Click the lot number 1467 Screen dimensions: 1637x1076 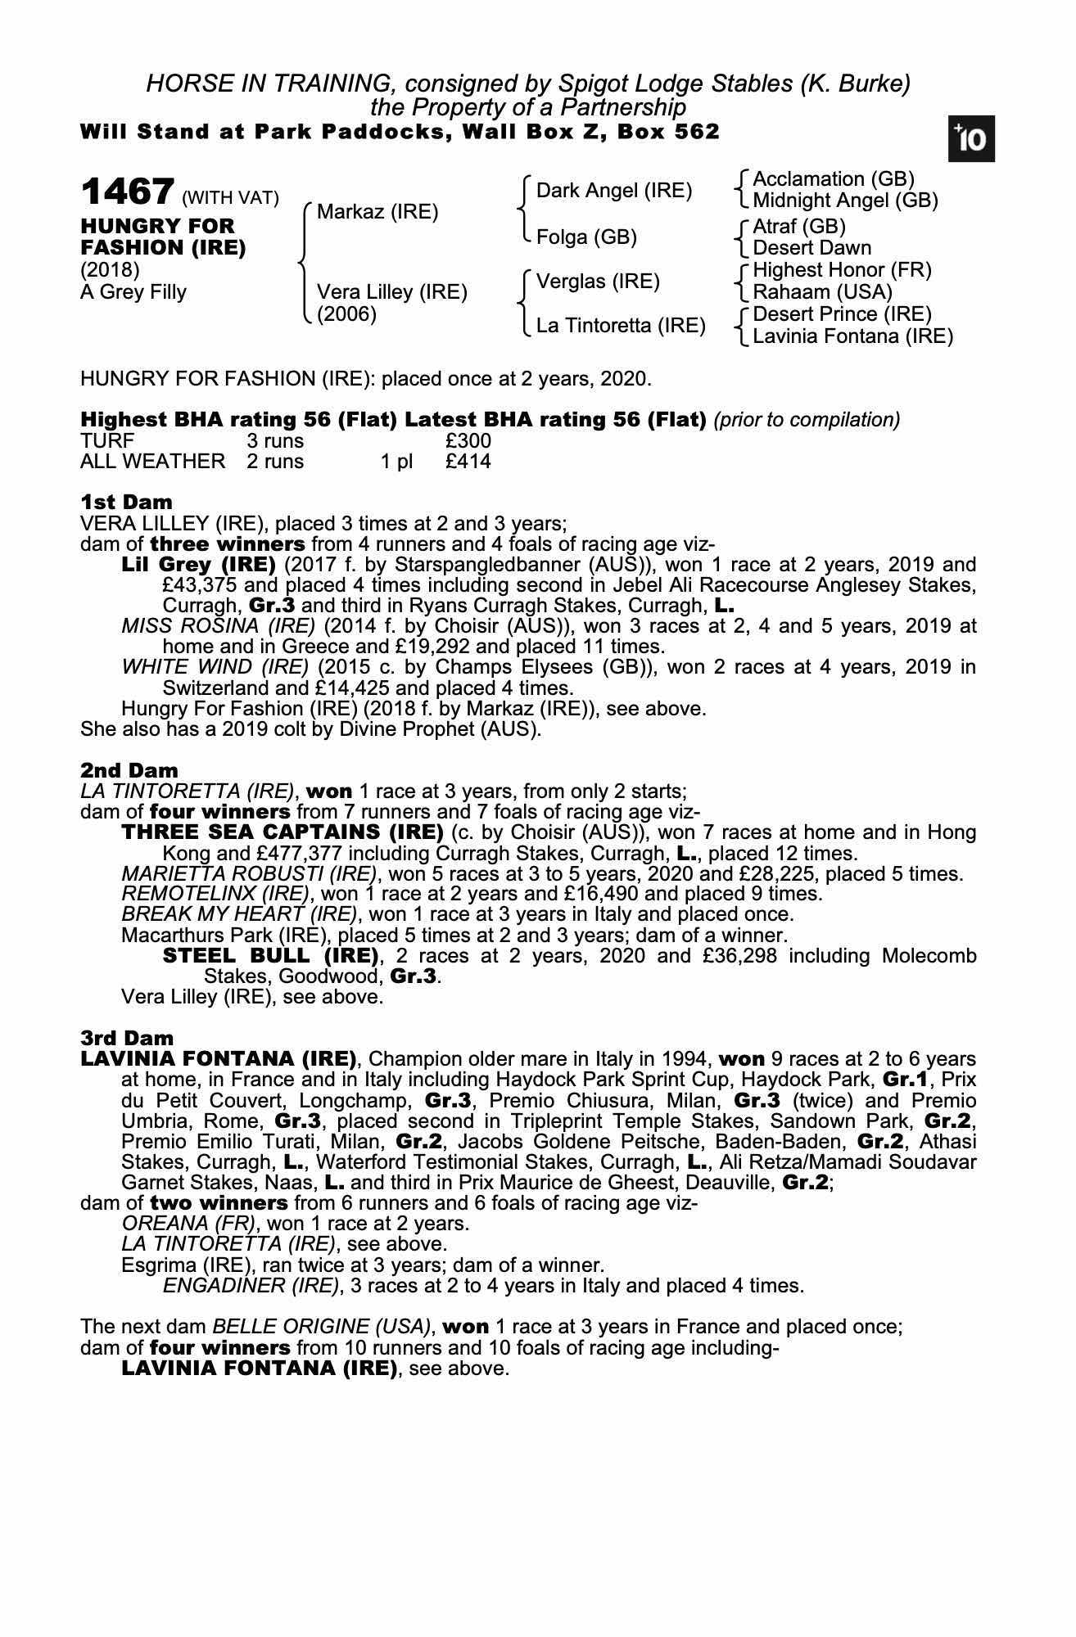(127, 193)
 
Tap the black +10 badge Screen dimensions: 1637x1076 (971, 138)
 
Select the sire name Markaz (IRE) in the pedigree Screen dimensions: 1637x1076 (378, 212)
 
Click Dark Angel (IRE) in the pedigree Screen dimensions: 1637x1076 (613, 191)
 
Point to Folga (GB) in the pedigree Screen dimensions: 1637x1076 (585, 237)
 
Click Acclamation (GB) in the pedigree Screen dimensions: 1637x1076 (833, 179)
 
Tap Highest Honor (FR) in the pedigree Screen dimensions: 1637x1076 (842, 270)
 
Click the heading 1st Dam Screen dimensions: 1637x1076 (126, 502)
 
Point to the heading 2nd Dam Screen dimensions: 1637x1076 (129, 770)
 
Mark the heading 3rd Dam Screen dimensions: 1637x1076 (128, 1039)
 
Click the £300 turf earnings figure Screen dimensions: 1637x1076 (468, 441)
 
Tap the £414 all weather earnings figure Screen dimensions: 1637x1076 (468, 462)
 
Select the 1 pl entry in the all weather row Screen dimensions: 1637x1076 (396, 462)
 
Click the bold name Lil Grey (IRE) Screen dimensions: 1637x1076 (198, 565)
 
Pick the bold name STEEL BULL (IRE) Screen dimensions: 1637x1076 (270, 956)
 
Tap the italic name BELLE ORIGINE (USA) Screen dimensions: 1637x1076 (321, 1327)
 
